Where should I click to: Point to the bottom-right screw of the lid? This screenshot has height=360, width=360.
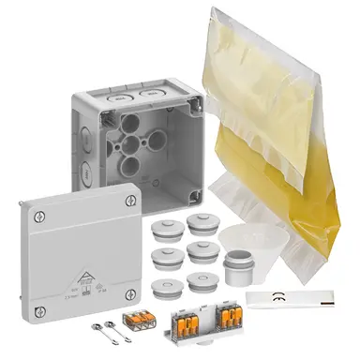click(138, 285)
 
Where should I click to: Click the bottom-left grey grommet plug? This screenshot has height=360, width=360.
click(166, 283)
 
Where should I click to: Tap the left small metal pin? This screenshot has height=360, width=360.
click(100, 328)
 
